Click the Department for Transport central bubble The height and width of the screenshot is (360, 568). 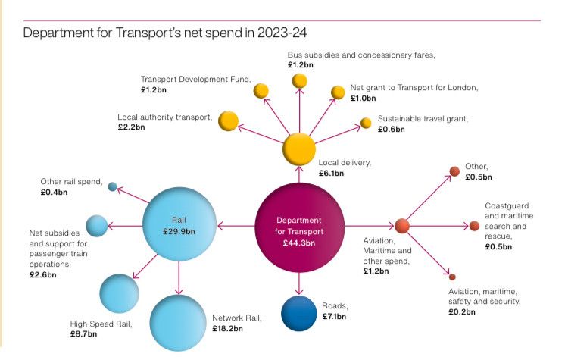click(299, 226)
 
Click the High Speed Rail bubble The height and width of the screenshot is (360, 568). click(119, 293)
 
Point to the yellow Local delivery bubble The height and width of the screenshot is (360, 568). click(299, 148)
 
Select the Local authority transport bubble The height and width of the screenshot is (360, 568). click(228, 120)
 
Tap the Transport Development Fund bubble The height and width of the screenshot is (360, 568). click(261, 91)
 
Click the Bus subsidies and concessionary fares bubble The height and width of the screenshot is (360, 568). click(300, 80)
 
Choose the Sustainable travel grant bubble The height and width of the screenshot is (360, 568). click(366, 122)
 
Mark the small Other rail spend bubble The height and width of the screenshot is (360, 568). click(112, 186)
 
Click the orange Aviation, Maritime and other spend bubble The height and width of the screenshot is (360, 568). click(402, 225)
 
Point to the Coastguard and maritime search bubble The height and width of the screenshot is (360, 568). click(474, 226)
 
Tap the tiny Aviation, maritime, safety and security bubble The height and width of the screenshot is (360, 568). click(452, 277)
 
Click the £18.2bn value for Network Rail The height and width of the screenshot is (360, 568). click(227, 329)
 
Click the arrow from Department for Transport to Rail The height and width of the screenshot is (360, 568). click(234, 226)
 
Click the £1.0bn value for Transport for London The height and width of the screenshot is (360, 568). click(364, 98)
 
